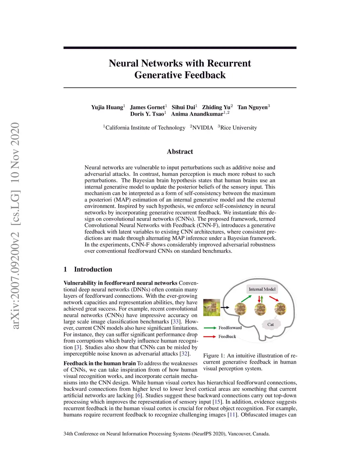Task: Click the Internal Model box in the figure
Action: click(262, 289)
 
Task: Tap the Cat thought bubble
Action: click(270, 324)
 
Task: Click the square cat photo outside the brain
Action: click(212, 307)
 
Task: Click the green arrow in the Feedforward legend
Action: click(210, 328)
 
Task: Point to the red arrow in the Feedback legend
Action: click(210, 337)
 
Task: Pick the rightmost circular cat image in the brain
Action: click(281, 309)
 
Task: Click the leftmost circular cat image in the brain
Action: click(240, 309)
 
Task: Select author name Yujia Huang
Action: click(107, 107)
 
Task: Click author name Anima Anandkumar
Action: click(197, 114)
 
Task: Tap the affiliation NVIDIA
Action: click(202, 128)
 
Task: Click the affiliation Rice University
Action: click(238, 128)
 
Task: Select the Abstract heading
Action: click(180, 152)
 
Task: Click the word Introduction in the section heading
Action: click(93, 269)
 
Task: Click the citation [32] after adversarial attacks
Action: click(184, 353)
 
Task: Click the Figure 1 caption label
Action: click(213, 356)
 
